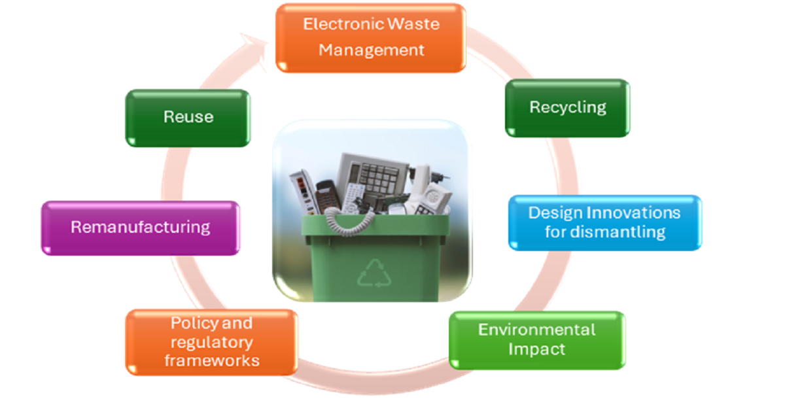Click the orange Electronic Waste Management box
[370, 37]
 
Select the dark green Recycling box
[567, 108]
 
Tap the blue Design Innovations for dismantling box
[604, 222]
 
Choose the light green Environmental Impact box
[536, 339]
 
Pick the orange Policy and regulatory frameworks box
[211, 342]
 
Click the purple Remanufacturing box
[140, 228]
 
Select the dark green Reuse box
[188, 118]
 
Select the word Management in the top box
[372, 50]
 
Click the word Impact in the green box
[536, 349]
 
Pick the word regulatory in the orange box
[211, 342]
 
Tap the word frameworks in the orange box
[211, 360]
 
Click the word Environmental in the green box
[536, 330]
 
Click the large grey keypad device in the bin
[372, 173]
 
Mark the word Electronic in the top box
[342, 24]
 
